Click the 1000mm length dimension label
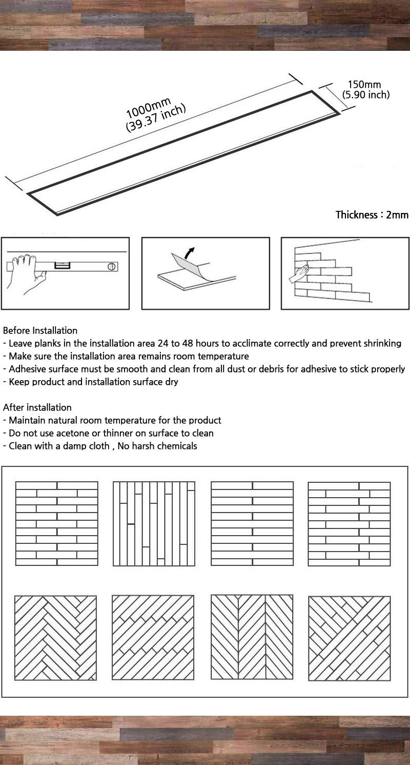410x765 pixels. point(149,108)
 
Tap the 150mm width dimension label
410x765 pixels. point(364,84)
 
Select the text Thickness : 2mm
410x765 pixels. point(372,215)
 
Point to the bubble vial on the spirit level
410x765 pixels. point(61,265)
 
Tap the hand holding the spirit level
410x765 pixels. point(28,273)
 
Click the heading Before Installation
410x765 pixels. point(40,330)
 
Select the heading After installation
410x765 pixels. point(37,407)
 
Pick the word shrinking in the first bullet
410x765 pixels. point(382,344)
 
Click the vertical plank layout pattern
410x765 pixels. point(154,523)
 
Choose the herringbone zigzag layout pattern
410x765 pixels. point(55,638)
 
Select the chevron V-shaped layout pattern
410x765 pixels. point(252,637)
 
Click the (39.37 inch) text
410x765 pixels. point(156,117)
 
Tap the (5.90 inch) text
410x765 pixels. point(366,94)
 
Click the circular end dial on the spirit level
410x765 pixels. point(111,266)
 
